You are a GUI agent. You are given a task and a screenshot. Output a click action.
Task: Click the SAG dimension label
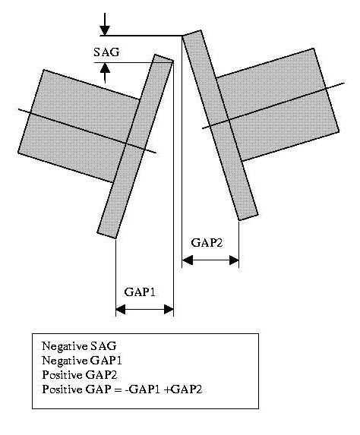click(106, 52)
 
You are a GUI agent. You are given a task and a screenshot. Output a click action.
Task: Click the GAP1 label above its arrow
click(140, 292)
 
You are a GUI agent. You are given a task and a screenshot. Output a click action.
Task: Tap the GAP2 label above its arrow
click(207, 243)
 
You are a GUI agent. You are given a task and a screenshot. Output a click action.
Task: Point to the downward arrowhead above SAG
click(105, 30)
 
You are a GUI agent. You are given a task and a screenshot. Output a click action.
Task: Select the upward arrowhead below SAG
click(105, 68)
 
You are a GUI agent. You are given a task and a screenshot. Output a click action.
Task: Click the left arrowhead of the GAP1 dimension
click(121, 309)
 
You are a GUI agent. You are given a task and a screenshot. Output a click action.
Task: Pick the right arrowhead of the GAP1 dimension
click(169, 309)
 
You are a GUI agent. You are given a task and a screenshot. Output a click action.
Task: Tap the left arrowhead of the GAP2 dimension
click(187, 260)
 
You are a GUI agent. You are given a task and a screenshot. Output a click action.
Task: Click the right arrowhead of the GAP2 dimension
click(234, 260)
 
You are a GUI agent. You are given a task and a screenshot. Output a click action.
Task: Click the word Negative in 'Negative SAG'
click(65, 346)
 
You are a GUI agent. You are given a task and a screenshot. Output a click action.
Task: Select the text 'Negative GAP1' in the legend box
click(82, 361)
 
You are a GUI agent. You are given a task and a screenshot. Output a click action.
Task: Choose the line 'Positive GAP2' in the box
click(80, 375)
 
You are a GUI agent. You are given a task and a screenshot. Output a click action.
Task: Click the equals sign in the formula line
click(118, 389)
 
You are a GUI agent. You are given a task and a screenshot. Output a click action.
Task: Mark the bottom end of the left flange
click(115, 238)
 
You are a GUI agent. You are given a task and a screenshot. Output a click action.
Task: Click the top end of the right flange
click(182, 36)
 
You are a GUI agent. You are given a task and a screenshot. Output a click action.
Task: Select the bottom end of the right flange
click(239, 220)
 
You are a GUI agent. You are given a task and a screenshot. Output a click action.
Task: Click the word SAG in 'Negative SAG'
click(103, 346)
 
